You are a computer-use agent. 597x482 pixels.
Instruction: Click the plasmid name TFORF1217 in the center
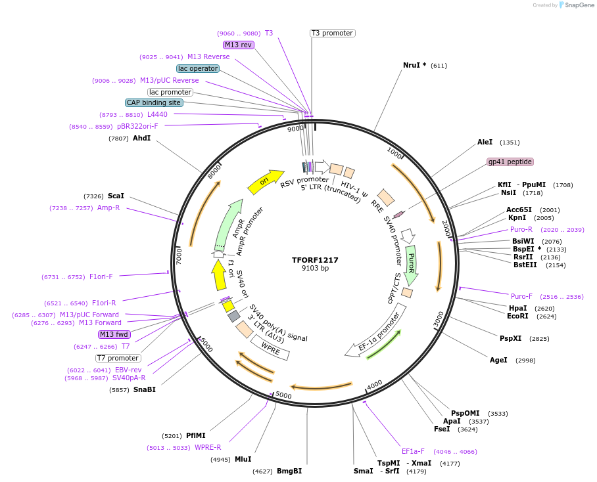click(315, 260)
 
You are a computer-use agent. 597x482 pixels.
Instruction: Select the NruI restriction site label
click(414, 65)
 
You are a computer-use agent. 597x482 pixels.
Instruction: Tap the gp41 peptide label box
click(510, 162)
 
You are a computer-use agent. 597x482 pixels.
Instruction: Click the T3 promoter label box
click(332, 33)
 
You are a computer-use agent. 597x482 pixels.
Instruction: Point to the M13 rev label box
click(238, 45)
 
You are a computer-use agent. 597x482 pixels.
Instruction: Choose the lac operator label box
click(198, 68)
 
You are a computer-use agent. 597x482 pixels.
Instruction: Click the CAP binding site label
click(154, 102)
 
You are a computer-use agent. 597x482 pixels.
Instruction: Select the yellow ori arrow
click(265, 181)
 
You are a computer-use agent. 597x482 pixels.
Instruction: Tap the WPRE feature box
click(270, 345)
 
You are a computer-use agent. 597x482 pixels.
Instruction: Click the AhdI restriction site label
click(141, 139)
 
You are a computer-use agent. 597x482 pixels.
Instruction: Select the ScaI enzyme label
click(116, 196)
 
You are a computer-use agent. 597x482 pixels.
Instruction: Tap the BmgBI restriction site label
click(289, 471)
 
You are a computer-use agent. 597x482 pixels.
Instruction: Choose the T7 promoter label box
click(118, 358)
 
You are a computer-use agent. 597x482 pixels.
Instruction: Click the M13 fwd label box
click(114, 334)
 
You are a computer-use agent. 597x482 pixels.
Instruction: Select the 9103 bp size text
click(315, 269)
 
